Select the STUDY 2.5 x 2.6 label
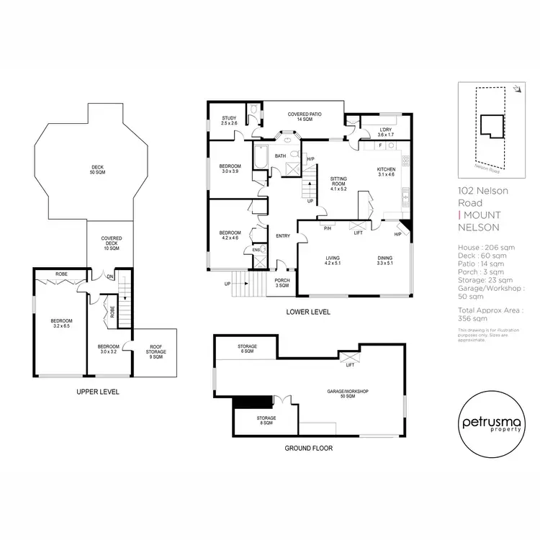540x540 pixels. (x=230, y=120)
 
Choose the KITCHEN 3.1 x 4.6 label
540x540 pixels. (x=387, y=171)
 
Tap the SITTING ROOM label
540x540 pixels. (x=338, y=183)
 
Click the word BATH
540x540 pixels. (x=281, y=156)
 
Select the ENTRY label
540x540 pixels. (x=282, y=236)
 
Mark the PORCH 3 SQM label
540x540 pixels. (x=282, y=283)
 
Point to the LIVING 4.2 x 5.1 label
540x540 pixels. (x=332, y=261)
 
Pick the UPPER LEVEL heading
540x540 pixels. (x=97, y=392)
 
